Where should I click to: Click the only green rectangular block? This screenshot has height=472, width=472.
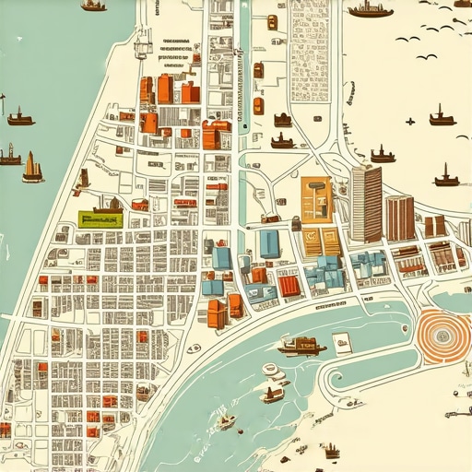(x=100, y=218)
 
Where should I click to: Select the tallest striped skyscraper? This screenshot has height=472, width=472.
(x=366, y=204)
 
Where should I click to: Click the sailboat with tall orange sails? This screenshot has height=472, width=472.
(x=32, y=168)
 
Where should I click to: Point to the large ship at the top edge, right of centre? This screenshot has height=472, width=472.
(x=370, y=10)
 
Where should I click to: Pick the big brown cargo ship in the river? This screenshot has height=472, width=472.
(x=301, y=345)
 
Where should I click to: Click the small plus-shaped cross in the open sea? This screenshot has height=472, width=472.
(x=409, y=121)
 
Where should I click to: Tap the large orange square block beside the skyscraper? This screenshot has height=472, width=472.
(x=317, y=199)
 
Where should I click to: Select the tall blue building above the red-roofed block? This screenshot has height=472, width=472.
(x=269, y=243)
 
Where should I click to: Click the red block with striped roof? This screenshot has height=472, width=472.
(x=289, y=286)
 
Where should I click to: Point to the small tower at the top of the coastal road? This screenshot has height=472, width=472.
(x=142, y=41)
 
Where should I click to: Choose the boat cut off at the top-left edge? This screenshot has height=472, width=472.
(x=93, y=5)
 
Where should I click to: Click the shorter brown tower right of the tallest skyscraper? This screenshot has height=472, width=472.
(x=399, y=218)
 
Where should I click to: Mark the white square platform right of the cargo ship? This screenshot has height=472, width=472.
(x=342, y=345)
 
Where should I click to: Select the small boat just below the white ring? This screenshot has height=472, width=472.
(x=272, y=395)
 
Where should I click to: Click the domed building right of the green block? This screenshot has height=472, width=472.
(x=140, y=204)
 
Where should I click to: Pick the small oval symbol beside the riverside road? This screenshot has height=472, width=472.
(x=194, y=348)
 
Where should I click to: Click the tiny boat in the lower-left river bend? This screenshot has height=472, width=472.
(x=225, y=422)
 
